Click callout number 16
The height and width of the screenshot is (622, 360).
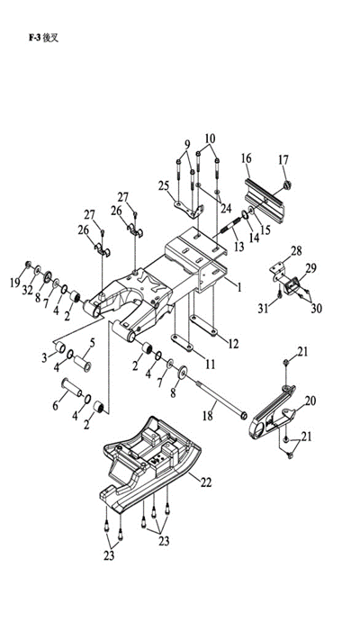247,158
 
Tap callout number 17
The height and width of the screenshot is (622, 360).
283,160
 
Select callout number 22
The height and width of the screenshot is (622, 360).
206,482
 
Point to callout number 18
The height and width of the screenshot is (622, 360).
208,415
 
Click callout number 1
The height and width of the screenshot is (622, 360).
239,287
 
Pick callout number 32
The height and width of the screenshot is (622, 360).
27,290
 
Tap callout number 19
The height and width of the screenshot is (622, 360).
15,283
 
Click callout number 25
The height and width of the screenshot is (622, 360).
164,185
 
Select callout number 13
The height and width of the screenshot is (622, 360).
239,247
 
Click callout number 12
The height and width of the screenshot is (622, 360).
234,344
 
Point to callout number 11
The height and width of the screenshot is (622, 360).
210,364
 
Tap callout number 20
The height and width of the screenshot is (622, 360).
310,401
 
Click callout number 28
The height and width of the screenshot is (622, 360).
296,251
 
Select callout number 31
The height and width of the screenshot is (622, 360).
264,308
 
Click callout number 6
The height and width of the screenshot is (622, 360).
55,405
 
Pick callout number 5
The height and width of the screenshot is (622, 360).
93,343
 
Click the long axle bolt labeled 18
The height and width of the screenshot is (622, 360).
220,398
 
